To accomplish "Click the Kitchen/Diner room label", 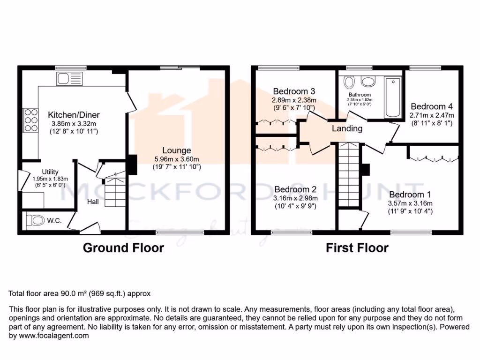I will click(74, 115).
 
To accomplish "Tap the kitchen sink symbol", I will click(68, 77).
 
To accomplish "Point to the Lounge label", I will click(177, 150).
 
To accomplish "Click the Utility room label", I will click(50, 172).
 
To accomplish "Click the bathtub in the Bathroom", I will click(391, 97).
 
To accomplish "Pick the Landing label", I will click(347, 128).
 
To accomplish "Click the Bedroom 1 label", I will click(410, 195).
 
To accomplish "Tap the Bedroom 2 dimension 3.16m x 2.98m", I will click(295, 198).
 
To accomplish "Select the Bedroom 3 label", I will click(294, 91).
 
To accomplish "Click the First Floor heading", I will click(357, 247).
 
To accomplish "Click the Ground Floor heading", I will click(123, 247).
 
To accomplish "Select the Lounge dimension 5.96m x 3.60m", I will click(177, 159).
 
